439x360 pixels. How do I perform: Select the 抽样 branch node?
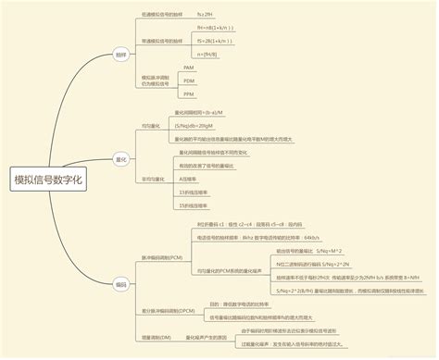tap(121, 55)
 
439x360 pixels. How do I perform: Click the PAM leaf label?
tap(189, 68)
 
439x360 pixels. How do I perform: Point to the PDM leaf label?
tap(189, 81)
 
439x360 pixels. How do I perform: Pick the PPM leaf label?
tap(189, 94)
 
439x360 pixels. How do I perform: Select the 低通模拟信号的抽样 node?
tap(163, 15)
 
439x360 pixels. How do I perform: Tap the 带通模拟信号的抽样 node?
tap(163, 42)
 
